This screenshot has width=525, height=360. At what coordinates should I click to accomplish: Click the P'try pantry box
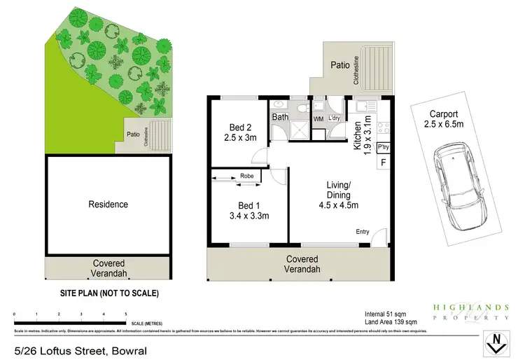click(383, 148)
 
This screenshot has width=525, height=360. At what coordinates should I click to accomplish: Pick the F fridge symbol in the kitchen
click(382, 162)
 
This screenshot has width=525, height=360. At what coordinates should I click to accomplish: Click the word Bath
click(280, 117)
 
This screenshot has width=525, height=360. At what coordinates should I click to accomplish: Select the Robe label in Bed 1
click(246, 176)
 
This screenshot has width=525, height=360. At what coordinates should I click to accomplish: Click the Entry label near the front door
click(363, 233)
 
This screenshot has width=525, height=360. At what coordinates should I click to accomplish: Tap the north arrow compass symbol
click(496, 343)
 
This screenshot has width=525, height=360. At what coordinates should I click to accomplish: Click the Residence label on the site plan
click(108, 205)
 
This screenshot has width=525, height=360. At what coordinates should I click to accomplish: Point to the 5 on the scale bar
click(125, 314)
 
